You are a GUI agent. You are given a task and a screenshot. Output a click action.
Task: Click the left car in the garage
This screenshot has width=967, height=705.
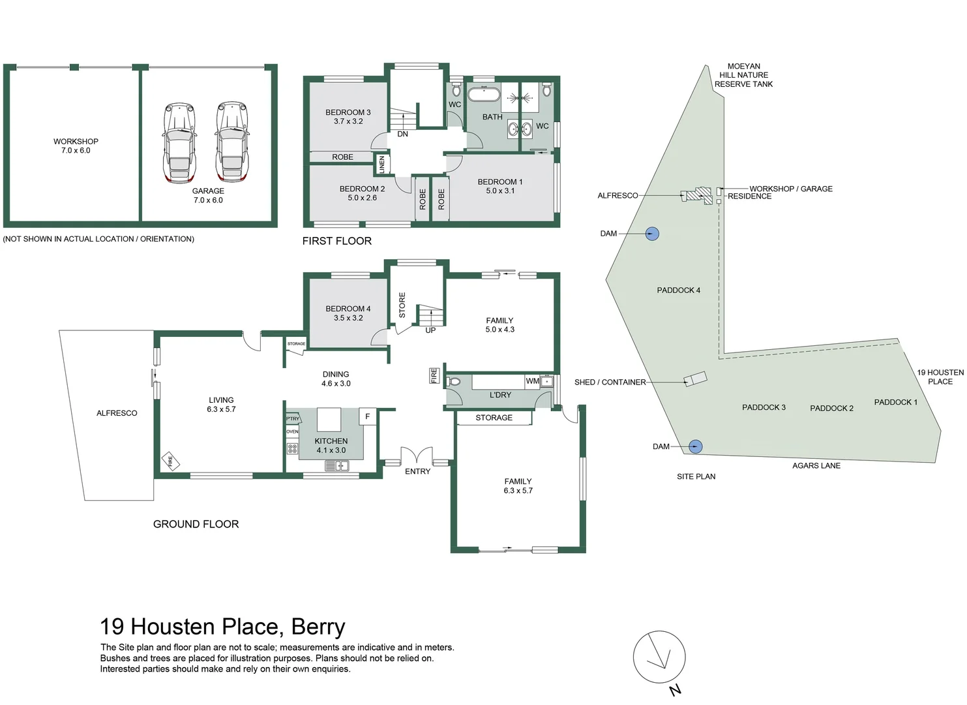point(180,142)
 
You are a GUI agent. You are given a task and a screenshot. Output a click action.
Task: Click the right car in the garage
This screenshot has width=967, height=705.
point(232,142)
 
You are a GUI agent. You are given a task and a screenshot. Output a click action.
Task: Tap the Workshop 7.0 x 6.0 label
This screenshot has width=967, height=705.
point(76,146)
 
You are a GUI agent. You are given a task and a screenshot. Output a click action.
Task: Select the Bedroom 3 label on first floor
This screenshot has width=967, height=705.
point(348,116)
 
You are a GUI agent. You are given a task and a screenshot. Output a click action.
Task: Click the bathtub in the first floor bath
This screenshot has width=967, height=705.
point(483,94)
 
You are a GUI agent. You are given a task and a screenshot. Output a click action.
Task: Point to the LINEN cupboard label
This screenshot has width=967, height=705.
point(382,164)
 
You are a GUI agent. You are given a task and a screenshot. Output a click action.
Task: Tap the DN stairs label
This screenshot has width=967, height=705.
point(402,134)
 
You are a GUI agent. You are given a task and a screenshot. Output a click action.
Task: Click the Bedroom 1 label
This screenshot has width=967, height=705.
point(500,186)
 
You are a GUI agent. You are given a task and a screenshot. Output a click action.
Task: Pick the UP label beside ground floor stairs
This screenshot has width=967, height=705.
point(430,330)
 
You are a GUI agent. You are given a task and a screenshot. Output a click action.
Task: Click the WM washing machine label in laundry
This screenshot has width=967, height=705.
point(532,381)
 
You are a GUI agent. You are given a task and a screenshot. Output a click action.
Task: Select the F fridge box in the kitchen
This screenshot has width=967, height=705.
point(368,416)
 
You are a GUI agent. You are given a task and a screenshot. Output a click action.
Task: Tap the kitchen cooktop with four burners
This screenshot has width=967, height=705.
point(292,448)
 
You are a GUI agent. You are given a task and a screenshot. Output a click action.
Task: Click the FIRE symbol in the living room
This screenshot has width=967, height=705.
point(170,461)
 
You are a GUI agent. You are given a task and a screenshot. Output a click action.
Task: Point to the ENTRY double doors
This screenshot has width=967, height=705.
point(417,456)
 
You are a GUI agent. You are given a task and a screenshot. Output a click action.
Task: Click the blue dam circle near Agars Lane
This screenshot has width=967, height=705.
point(696,446)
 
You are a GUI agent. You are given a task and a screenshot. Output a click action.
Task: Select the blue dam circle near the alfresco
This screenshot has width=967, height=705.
point(652,234)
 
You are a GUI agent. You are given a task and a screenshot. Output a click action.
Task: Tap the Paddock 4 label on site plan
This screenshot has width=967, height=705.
point(678,290)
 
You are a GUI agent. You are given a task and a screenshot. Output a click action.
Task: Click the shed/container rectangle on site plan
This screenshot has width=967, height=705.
point(695,379)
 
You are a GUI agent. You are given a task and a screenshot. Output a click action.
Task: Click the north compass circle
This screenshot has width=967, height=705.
point(659,657)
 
